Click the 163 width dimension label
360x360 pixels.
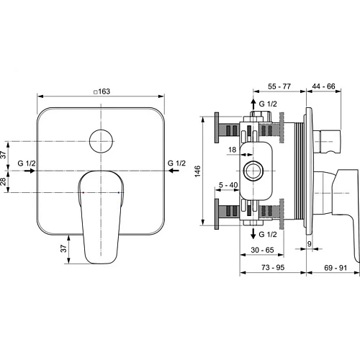(x=106, y=91)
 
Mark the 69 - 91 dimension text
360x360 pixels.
(x=330, y=267)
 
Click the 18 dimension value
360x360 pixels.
(x=231, y=150)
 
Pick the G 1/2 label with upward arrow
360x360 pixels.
(x=268, y=105)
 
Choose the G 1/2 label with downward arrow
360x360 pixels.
(x=268, y=235)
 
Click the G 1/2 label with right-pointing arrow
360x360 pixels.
(x=27, y=164)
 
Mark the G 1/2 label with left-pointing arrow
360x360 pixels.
(x=176, y=164)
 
